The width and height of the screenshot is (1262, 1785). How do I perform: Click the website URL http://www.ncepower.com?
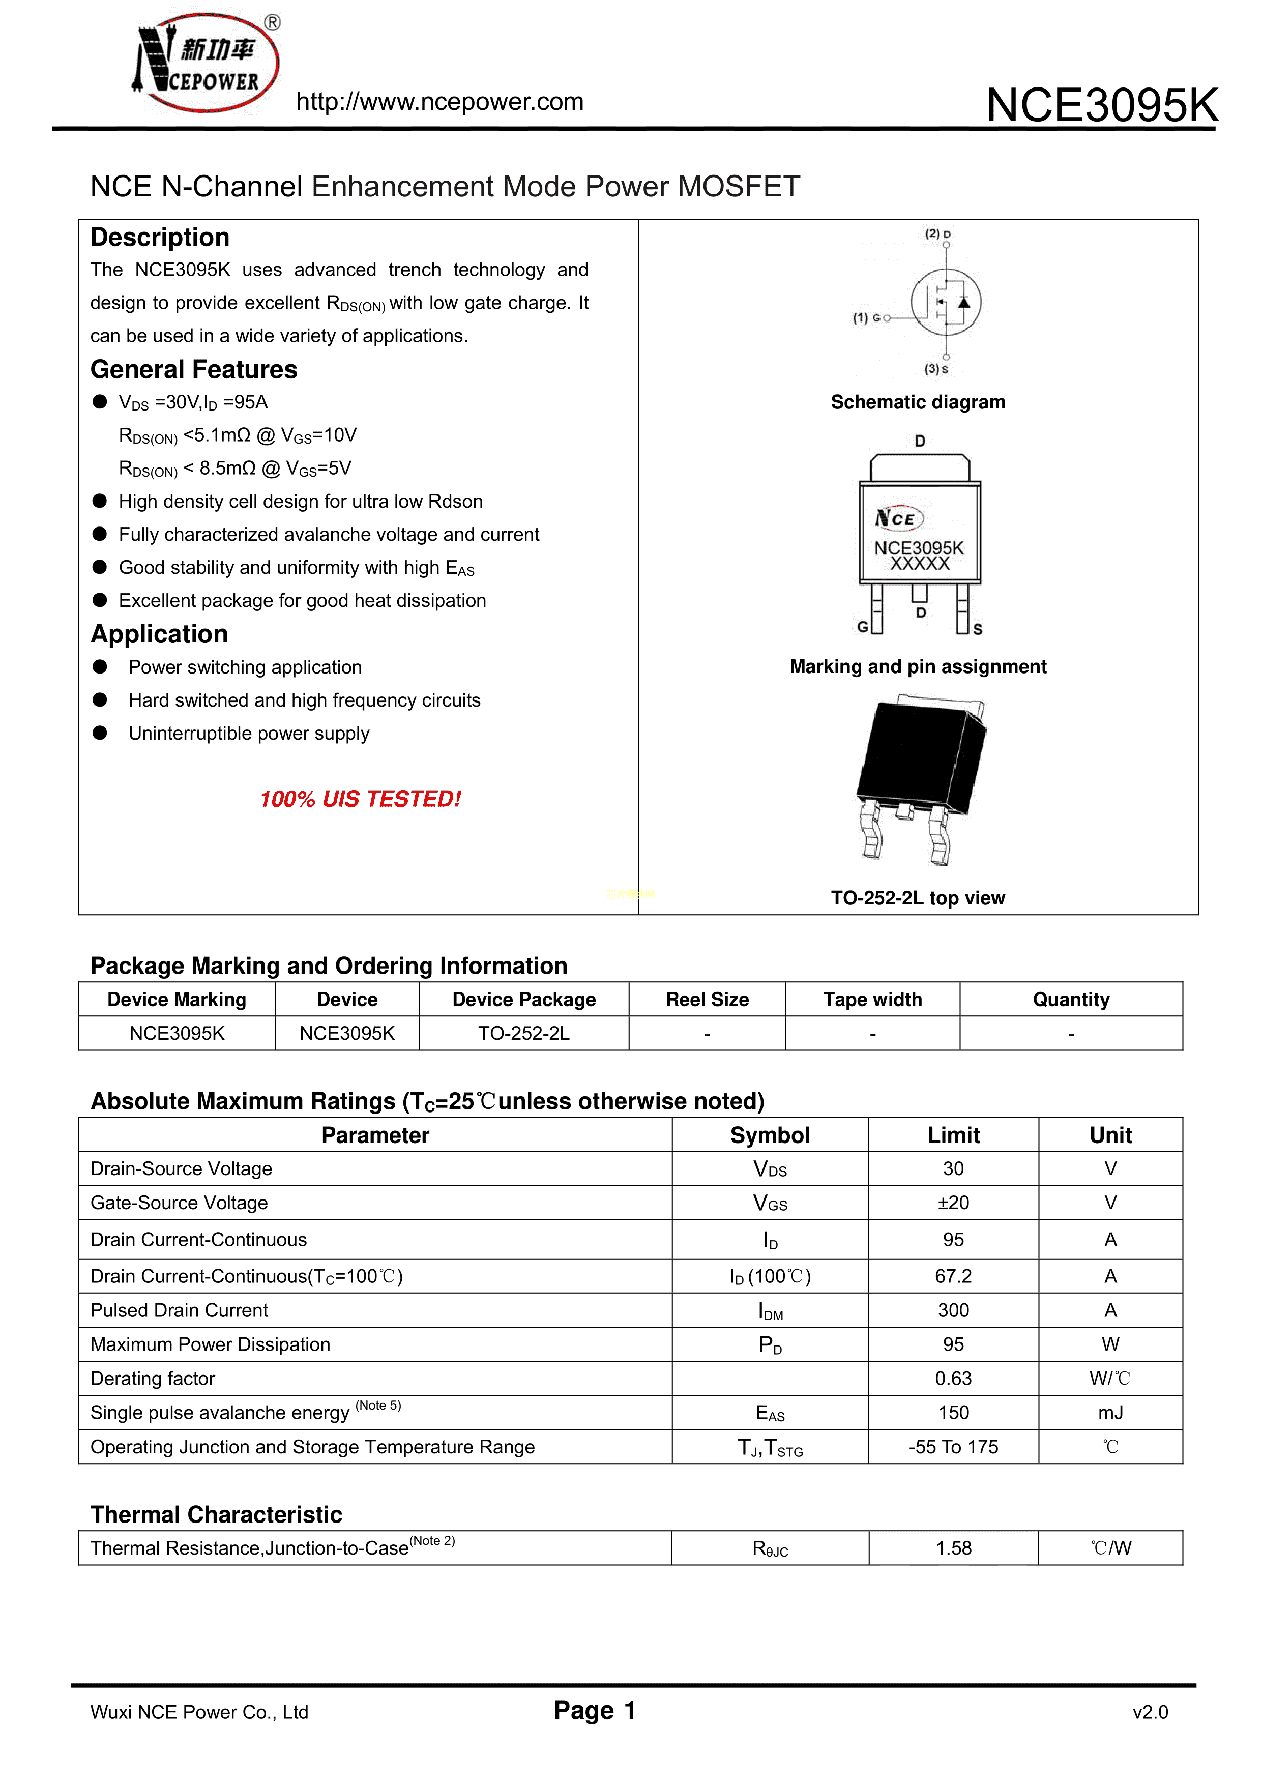[439, 102]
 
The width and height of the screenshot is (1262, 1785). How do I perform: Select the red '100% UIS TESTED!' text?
[360, 799]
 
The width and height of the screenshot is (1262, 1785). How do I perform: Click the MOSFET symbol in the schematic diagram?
[946, 303]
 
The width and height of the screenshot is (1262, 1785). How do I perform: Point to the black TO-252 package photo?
[921, 777]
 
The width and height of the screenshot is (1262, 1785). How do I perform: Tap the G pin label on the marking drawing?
[862, 627]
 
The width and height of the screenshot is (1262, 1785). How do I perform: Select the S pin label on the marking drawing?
[978, 629]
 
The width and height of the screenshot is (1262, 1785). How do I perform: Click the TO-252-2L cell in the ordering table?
[523, 1033]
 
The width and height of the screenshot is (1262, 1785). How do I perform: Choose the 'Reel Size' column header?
[707, 1000]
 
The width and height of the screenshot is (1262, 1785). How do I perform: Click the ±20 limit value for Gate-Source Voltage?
[953, 1203]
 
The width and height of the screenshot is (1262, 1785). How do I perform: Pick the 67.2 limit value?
[953, 1276]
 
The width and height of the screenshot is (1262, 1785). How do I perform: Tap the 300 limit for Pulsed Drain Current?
[953, 1311]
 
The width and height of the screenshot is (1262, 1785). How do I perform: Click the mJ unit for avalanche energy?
[1110, 1413]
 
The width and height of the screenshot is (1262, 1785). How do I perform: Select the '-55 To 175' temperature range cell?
[953, 1447]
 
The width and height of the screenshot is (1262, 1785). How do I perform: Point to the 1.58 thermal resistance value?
[953, 1548]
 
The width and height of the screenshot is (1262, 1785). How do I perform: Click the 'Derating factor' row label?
[153, 1379]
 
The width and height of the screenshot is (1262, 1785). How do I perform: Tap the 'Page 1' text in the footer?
[595, 1710]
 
